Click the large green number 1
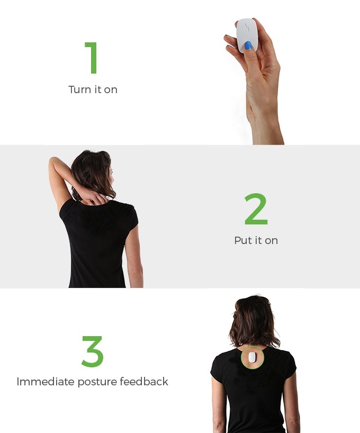coord(93,58)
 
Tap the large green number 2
coord(256,210)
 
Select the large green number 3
coord(93,351)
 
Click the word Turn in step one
coord(79,89)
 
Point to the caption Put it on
coord(256,240)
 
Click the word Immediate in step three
coord(44,382)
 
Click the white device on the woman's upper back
coord(253,358)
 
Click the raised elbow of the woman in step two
coord(52,161)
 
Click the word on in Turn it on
coord(111,89)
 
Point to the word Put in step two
coord(243,240)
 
